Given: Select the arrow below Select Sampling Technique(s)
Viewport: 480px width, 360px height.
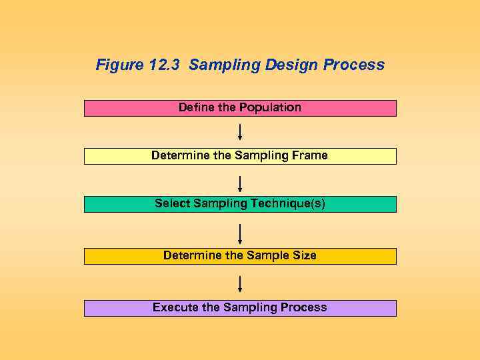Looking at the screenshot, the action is click(240, 234).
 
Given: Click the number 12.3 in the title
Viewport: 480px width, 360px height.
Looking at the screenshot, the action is click(163, 65).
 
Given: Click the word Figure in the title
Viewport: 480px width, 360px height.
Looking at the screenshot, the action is click(117, 65).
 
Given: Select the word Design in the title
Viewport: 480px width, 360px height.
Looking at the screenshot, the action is click(292, 65).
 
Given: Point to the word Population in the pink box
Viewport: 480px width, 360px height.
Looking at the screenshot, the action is click(270, 107).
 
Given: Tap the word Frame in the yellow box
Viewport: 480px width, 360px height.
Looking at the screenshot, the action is click(309, 155).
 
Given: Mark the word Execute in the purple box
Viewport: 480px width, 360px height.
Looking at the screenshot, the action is click(175, 307).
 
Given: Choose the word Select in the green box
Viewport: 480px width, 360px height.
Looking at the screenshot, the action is click(172, 203).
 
